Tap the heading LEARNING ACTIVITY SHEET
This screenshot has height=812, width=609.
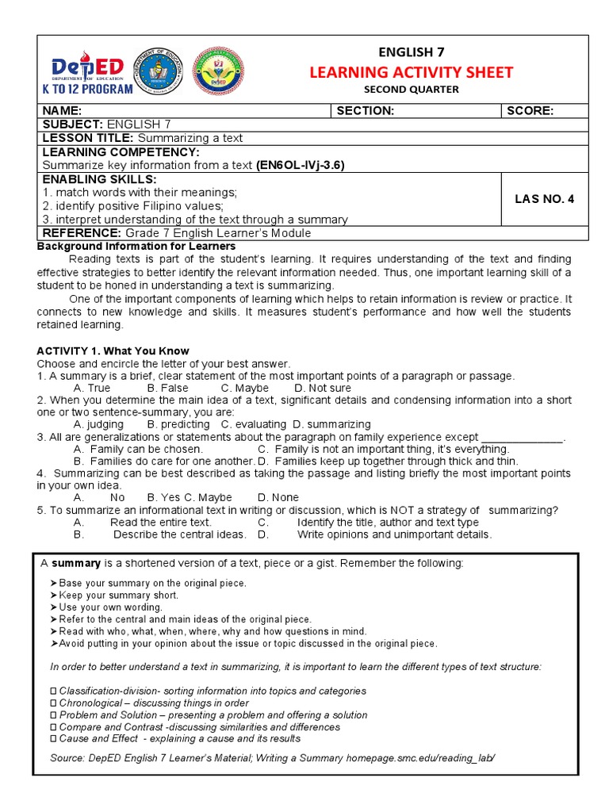(x=411, y=72)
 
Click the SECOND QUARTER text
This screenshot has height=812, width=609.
(x=411, y=90)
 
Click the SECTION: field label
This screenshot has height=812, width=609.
(x=365, y=111)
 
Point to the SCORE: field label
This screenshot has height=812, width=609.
(x=530, y=111)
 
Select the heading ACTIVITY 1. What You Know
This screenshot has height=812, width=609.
(x=113, y=351)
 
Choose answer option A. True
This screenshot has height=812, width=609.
(x=92, y=388)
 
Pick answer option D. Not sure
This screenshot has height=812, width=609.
(x=322, y=388)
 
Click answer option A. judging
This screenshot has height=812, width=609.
(x=98, y=424)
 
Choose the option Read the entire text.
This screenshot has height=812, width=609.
(x=160, y=523)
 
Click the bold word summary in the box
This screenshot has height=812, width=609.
(x=76, y=563)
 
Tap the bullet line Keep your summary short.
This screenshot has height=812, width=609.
(x=118, y=595)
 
